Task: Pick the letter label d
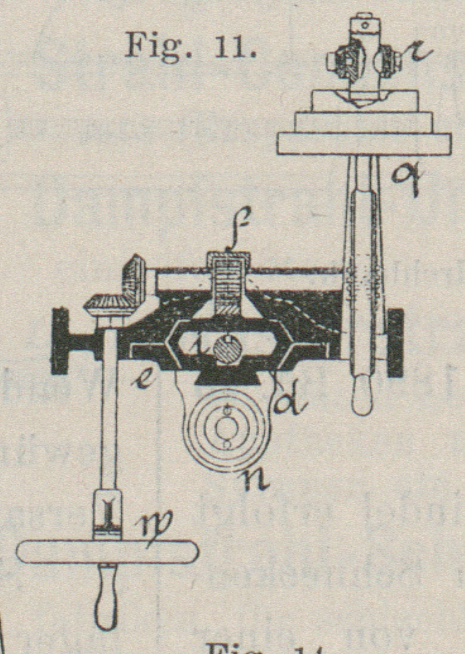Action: click(289, 399)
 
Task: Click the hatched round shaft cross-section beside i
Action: click(226, 348)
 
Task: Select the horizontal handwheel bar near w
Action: click(107, 552)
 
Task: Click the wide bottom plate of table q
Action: click(363, 144)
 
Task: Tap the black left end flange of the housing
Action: click(60, 342)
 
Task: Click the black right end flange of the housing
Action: click(395, 342)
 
